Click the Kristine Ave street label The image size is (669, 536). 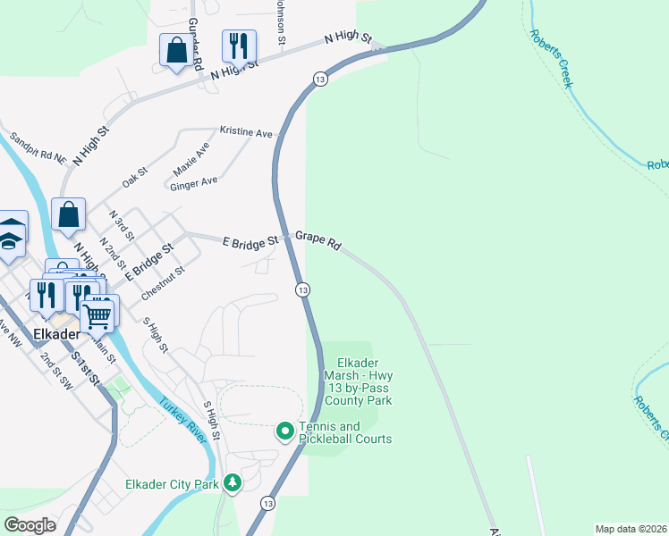[x=246, y=132]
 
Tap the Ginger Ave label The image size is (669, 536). [x=195, y=181]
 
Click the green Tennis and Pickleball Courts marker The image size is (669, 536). [x=285, y=432]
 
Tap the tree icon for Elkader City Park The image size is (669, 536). [x=233, y=484]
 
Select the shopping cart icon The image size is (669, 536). [x=97, y=314]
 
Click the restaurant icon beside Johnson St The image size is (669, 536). [x=239, y=46]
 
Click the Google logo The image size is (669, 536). [x=30, y=525]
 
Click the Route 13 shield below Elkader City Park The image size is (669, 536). [x=267, y=504]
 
